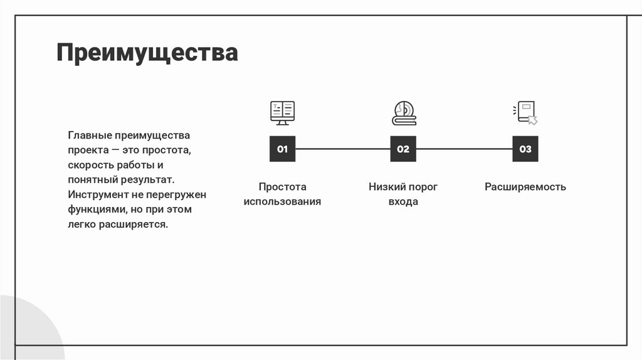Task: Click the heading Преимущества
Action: point(147,53)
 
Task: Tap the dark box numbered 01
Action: point(282,149)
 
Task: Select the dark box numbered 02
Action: point(403,149)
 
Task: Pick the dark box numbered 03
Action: point(525,149)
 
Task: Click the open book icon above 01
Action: point(282,113)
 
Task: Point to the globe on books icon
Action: point(403,113)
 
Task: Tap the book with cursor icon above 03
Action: point(525,113)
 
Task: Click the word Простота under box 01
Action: point(282,187)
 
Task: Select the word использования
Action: point(282,202)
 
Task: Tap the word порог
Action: point(423,187)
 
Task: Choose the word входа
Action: point(403,202)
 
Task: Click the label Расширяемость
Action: point(525,187)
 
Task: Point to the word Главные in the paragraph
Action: point(90,135)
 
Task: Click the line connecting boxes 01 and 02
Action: point(342,149)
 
